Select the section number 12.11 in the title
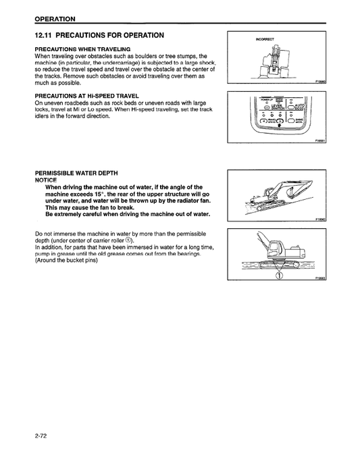(47, 35)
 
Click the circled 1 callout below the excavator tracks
(278, 274)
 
